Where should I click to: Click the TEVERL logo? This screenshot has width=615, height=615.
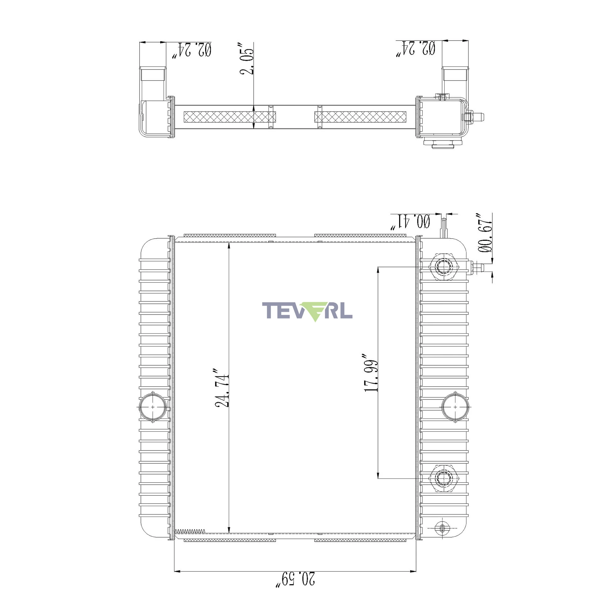pyautogui.click(x=307, y=311)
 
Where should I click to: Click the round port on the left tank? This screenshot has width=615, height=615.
pyautogui.click(x=153, y=407)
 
